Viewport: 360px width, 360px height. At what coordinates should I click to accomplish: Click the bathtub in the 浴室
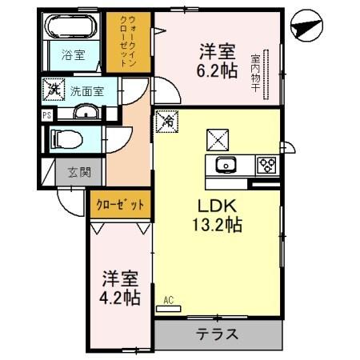click(x=71, y=30)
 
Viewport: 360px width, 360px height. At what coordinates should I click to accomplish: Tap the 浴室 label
click(x=71, y=56)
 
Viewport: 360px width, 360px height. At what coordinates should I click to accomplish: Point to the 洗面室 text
click(x=86, y=91)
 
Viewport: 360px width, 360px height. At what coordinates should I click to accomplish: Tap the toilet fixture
click(x=68, y=139)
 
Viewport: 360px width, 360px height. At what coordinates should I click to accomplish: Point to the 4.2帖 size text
click(x=121, y=298)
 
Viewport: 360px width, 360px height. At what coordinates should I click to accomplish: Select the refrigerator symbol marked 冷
click(x=169, y=121)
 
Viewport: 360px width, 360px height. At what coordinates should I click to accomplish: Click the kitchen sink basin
click(x=226, y=166)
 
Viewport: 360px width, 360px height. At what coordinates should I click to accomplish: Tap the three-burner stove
click(x=266, y=166)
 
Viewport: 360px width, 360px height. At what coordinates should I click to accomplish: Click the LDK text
click(x=216, y=205)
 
